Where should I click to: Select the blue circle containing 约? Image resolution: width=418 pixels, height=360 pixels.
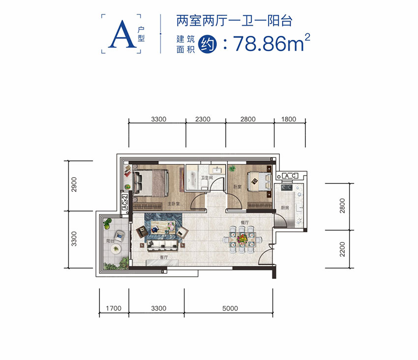tap(205, 45)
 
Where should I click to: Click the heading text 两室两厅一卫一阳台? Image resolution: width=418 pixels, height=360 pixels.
tap(234, 21)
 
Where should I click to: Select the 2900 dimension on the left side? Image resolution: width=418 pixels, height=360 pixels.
tap(74, 185)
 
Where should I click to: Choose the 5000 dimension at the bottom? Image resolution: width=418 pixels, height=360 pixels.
tap(230, 309)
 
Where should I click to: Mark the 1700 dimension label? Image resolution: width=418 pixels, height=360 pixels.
tap(114, 309)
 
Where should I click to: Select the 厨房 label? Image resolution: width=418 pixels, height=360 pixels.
tap(285, 208)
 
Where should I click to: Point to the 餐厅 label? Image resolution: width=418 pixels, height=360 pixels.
tap(244, 223)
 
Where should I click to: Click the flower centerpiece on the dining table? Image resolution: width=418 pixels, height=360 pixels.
tap(241, 239)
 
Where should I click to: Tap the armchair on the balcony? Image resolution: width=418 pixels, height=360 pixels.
tap(119, 236)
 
